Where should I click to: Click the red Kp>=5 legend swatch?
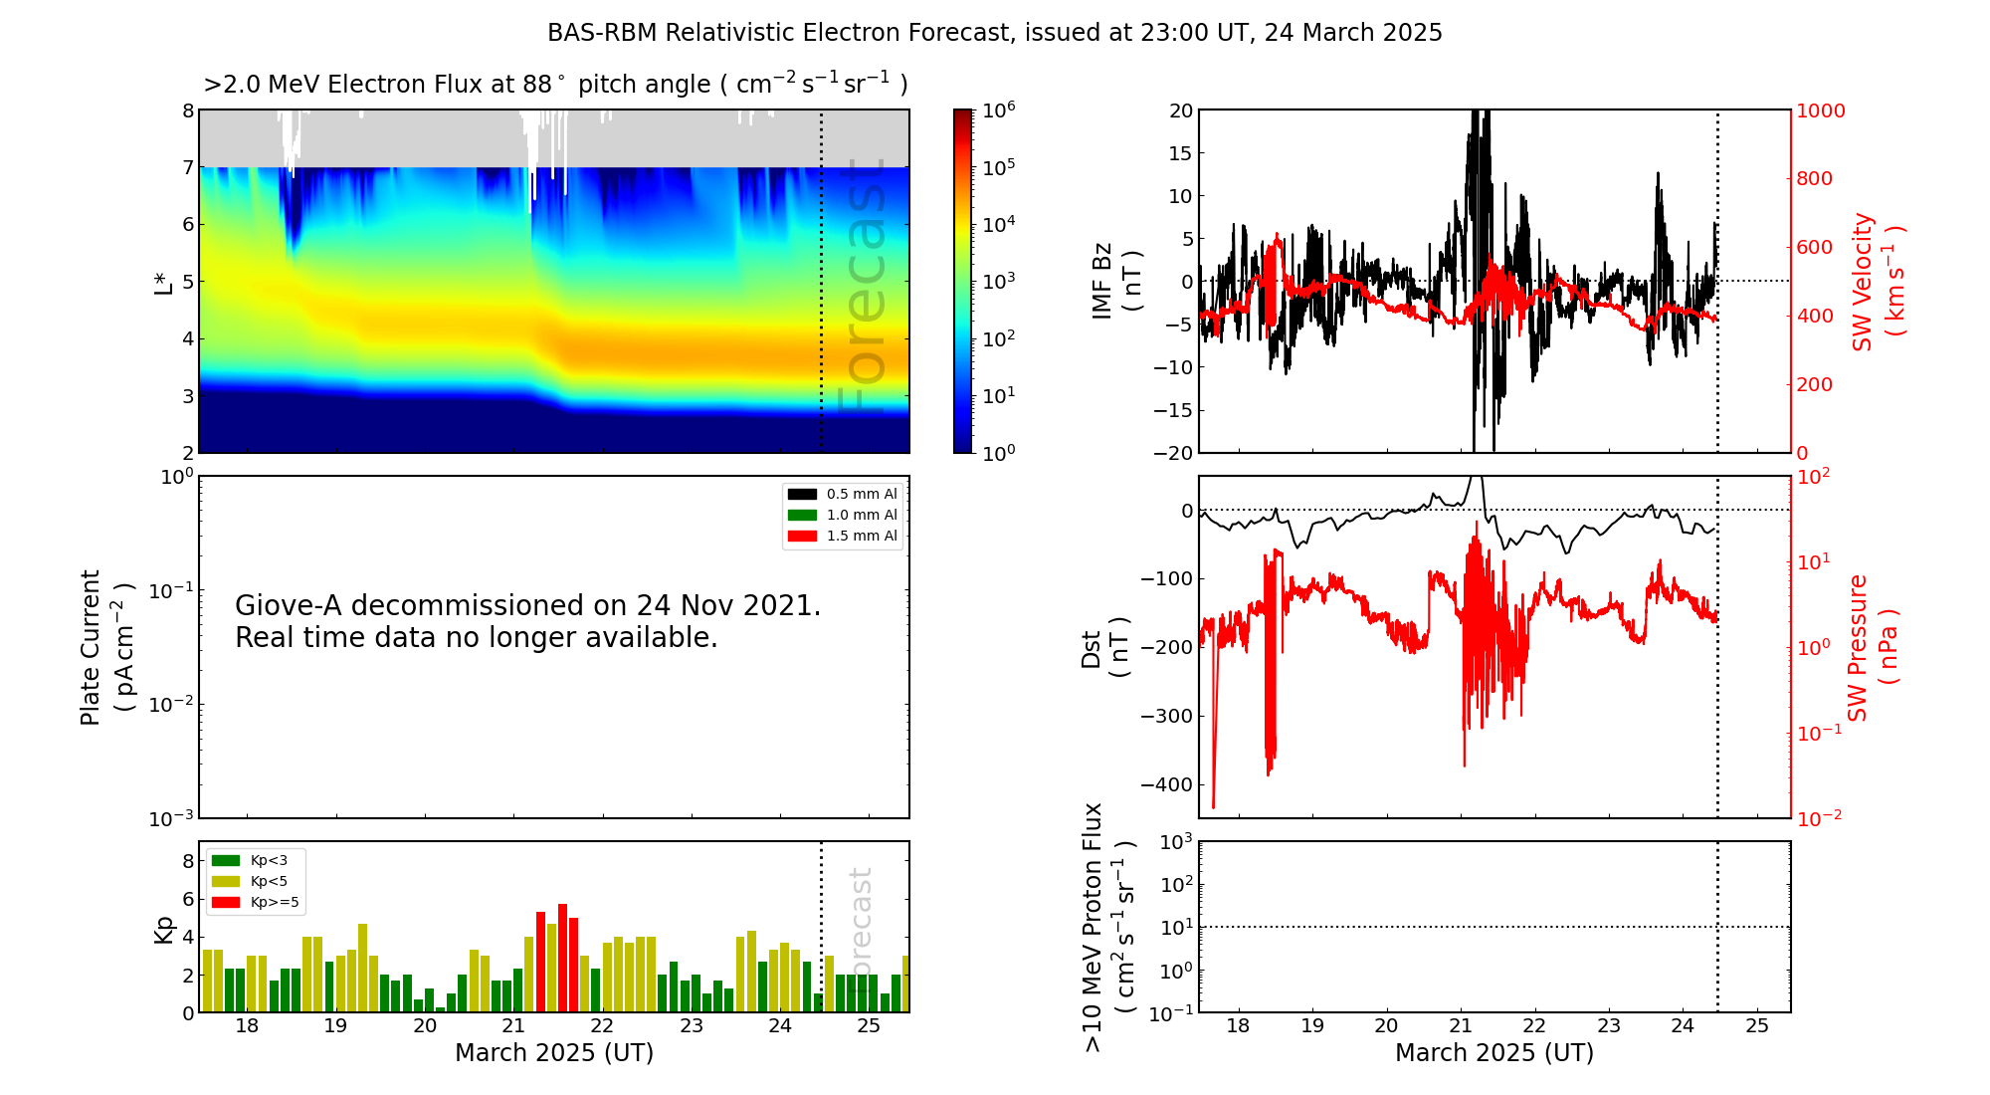point(226,903)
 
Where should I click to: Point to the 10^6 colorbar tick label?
point(999,109)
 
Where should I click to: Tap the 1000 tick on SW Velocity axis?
point(1821,110)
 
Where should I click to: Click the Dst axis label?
point(1093,648)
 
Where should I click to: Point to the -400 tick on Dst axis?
point(1166,784)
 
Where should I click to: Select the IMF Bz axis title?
point(1102,281)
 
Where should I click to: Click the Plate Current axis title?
point(91,647)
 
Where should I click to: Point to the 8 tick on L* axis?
point(188,110)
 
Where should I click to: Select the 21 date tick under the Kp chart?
point(512,1026)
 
